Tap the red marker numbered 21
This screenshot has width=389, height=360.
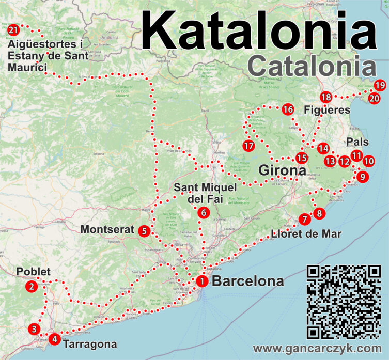[14, 29]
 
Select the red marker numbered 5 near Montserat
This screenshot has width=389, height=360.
[144, 230]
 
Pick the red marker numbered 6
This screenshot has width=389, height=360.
[203, 212]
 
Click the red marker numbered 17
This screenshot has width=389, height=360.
[249, 146]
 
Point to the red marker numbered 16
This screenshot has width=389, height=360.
[288, 109]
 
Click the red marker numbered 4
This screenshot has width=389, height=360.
[54, 339]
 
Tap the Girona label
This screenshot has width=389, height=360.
[279, 171]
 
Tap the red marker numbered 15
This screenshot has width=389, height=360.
[301, 158]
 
